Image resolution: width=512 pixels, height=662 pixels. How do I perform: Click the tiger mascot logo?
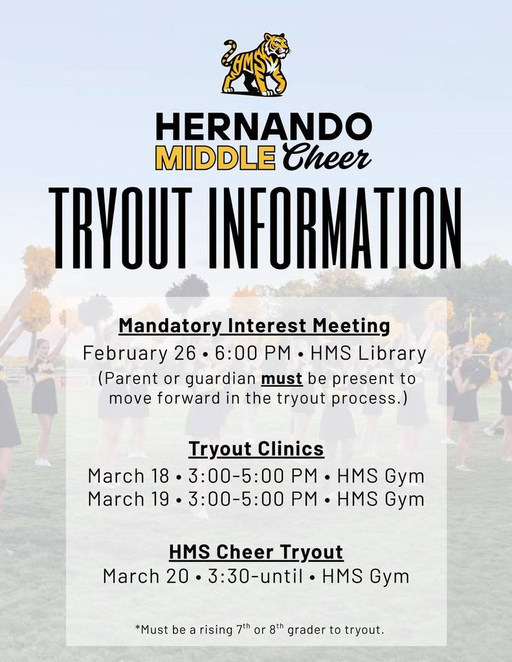pos(256,65)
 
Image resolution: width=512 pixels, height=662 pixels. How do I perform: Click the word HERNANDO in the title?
pos(264,127)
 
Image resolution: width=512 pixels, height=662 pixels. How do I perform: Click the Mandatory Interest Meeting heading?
pos(254,326)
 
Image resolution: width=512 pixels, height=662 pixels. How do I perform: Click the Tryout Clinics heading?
pos(256,449)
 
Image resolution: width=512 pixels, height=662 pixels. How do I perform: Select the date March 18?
pos(128,476)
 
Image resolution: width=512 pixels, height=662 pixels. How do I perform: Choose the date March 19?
pos(128,499)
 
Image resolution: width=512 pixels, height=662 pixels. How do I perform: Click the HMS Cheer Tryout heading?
pos(256,553)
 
